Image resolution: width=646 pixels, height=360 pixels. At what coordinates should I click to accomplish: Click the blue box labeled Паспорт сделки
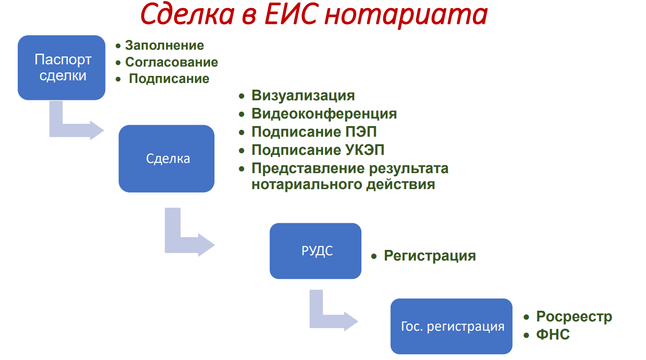[x=61, y=68]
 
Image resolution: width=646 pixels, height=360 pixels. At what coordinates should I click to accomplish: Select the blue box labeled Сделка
[x=166, y=158]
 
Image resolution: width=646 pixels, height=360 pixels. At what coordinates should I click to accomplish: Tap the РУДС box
[x=316, y=251]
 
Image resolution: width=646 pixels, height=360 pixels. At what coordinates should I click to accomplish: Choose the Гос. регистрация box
[x=452, y=326]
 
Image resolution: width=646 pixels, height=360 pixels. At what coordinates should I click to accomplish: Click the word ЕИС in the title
[x=292, y=14]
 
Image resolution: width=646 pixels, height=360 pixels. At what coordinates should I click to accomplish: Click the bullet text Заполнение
[x=164, y=45]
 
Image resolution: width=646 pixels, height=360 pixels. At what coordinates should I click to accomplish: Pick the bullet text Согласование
[x=171, y=62]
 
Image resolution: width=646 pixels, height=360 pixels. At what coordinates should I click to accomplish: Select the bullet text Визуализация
[x=303, y=95]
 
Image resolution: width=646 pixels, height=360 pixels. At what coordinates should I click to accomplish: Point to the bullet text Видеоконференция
[x=324, y=114]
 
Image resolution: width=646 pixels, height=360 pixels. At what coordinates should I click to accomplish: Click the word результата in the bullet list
[x=408, y=169]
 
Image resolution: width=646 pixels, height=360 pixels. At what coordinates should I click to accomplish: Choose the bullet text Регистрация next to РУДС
[x=430, y=256]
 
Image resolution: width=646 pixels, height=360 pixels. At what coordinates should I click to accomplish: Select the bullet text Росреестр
[x=574, y=316]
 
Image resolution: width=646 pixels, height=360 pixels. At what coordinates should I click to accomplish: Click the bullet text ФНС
[x=553, y=335]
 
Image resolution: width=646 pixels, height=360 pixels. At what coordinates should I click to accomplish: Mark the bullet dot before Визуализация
[x=242, y=96]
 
